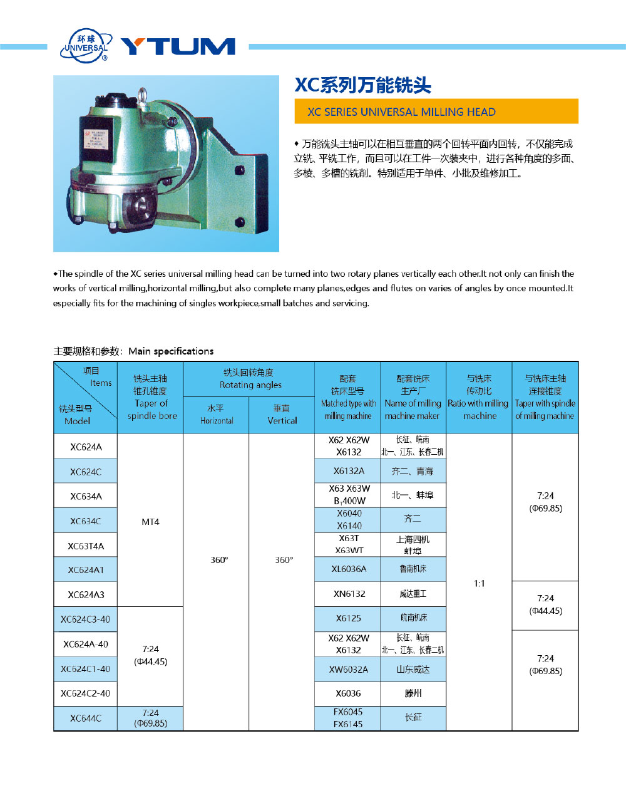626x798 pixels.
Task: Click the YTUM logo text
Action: click(178, 46)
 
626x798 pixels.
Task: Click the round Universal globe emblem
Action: click(85, 45)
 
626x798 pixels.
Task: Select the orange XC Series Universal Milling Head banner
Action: click(436, 111)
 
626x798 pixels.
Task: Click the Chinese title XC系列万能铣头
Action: click(363, 85)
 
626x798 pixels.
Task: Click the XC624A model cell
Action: click(86, 447)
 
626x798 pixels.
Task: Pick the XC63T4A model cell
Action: click(86, 546)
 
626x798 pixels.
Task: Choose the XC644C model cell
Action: click(86, 718)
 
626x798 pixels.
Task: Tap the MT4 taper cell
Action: click(150, 521)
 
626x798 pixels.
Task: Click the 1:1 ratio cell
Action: click(479, 583)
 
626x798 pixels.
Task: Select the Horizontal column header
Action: click(217, 415)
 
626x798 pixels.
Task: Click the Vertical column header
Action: click(282, 415)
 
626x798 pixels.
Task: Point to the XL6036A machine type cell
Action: click(349, 569)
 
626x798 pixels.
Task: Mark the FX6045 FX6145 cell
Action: click(348, 718)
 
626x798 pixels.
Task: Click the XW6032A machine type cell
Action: click(349, 669)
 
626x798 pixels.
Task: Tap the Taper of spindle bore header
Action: click(151, 397)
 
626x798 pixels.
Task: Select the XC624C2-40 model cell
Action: click(86, 693)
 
